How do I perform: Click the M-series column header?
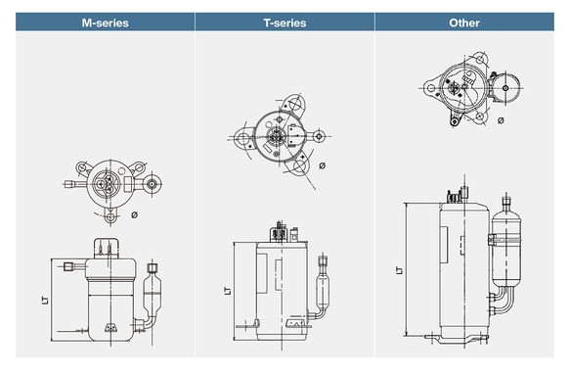(106, 23)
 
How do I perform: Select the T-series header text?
(284, 23)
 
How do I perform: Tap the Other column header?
(464, 23)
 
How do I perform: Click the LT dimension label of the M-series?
(45, 301)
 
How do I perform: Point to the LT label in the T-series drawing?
(228, 291)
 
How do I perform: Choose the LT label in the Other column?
(400, 270)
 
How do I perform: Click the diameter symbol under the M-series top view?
(134, 215)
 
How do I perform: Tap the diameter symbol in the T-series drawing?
(322, 165)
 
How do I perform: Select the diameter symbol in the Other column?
(501, 120)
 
